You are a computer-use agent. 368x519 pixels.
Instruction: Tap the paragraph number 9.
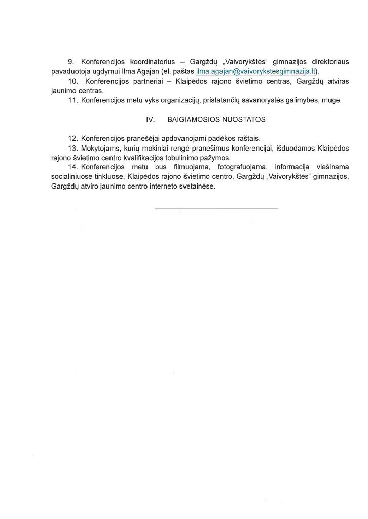(70, 62)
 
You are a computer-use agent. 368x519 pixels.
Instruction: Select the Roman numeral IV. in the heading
(150, 120)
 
